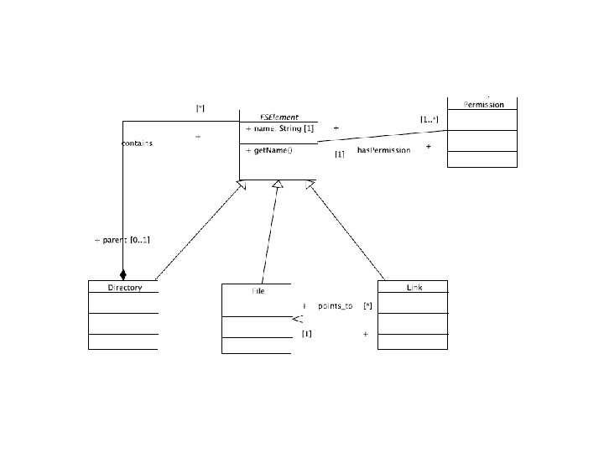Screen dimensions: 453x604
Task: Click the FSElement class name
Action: [x=279, y=118]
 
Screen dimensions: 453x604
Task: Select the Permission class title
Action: [x=483, y=105]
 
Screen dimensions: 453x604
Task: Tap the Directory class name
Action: [x=124, y=288]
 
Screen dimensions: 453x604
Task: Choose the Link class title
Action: [x=414, y=288]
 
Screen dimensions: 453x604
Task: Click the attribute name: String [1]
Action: [x=279, y=129]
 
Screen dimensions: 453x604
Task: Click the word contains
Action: [x=137, y=143]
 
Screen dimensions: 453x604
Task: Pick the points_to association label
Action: [x=335, y=306]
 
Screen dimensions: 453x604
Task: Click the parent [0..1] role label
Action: [x=122, y=241]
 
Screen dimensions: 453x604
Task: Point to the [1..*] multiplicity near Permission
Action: [x=429, y=120]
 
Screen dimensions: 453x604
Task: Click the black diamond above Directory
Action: [x=122, y=274]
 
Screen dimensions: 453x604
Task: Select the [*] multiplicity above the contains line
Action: [x=200, y=107]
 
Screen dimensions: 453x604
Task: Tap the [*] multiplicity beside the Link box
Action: [x=367, y=306]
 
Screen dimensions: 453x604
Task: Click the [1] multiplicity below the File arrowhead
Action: [x=306, y=334]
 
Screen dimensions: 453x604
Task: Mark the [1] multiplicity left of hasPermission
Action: [x=339, y=154]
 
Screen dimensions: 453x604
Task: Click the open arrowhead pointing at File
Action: [x=296, y=319]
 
